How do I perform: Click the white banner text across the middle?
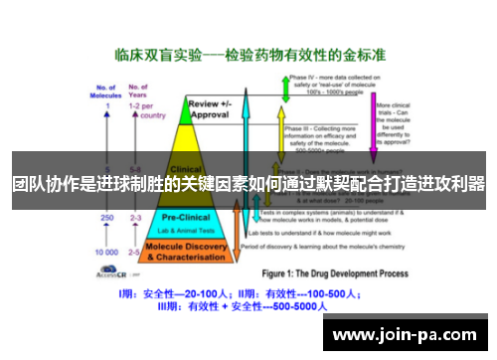click(248, 184)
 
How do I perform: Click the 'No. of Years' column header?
click(136, 90)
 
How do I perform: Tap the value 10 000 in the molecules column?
click(105, 253)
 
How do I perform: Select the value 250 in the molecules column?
click(105, 217)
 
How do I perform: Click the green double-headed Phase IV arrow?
click(285, 90)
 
